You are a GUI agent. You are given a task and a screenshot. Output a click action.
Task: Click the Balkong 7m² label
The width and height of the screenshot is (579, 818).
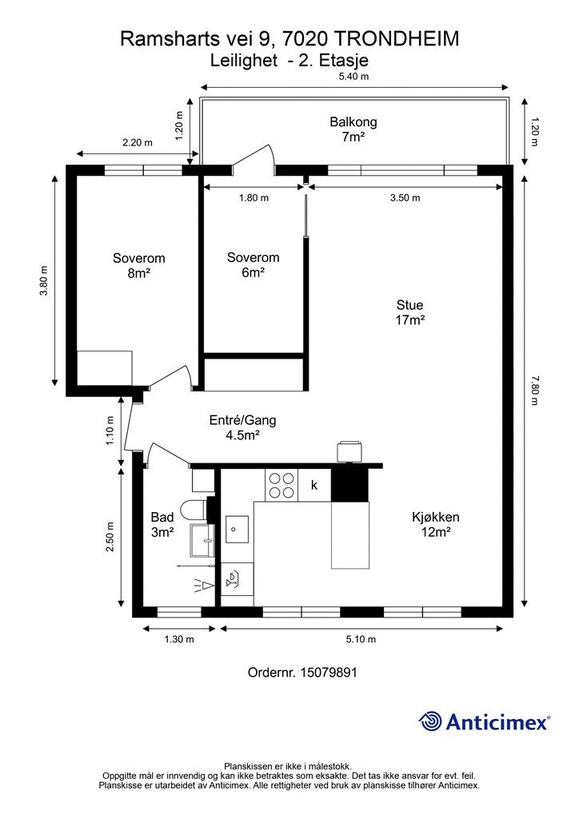tap(353, 129)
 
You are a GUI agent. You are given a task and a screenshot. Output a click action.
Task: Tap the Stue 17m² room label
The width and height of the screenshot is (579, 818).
tap(409, 312)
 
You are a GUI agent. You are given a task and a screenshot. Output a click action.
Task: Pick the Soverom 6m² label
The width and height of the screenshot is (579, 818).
tap(253, 265)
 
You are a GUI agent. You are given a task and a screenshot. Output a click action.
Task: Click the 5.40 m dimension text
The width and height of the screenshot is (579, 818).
tap(353, 77)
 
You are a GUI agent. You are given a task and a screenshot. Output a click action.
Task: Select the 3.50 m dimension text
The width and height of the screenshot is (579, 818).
tap(405, 198)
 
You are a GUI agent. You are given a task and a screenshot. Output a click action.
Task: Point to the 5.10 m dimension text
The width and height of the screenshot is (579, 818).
tap(361, 639)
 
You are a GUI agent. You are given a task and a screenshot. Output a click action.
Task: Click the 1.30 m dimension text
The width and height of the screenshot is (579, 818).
tap(179, 639)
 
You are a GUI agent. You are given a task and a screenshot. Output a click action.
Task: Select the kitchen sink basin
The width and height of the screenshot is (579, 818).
tap(238, 527)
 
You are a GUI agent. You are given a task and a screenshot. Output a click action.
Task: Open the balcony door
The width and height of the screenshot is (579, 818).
tap(255, 160)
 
